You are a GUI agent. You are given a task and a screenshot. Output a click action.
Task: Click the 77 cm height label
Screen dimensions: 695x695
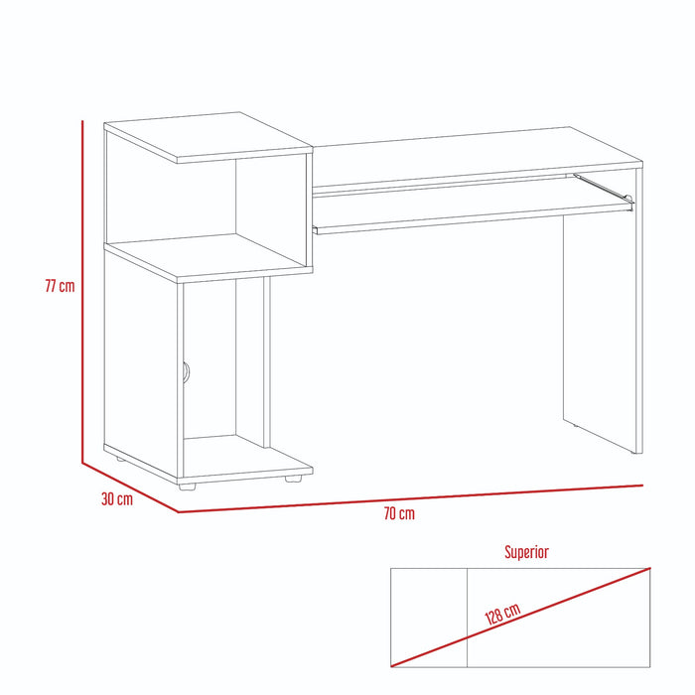(60, 286)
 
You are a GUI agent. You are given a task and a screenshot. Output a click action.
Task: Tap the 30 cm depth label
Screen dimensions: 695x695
(117, 499)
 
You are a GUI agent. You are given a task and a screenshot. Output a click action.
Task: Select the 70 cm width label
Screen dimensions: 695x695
(399, 513)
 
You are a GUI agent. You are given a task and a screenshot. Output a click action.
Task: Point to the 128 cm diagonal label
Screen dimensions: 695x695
(502, 614)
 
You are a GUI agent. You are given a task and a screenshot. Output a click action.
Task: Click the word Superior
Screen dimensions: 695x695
(526, 552)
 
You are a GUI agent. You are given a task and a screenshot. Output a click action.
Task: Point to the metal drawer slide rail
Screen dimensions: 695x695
(604, 188)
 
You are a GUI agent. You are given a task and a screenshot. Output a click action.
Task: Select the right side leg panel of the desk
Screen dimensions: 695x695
(603, 310)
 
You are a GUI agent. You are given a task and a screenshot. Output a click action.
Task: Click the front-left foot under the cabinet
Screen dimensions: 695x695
(187, 486)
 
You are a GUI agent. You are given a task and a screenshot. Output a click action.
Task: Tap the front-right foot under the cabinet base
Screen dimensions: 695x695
(293, 479)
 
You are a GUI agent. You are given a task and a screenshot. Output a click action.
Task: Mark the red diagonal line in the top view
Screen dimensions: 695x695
(521, 617)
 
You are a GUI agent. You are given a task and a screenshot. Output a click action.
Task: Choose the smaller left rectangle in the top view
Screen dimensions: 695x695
(429, 618)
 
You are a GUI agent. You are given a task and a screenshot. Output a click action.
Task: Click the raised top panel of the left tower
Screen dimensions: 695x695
(208, 137)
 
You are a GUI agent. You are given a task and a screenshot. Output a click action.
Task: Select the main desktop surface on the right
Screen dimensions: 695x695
(478, 154)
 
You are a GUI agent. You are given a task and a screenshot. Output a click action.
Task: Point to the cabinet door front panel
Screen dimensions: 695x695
(143, 369)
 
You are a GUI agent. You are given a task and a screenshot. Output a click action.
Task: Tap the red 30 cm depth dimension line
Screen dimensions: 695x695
(130, 487)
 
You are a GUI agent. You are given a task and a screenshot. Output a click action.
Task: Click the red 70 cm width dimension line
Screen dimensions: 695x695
(410, 498)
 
